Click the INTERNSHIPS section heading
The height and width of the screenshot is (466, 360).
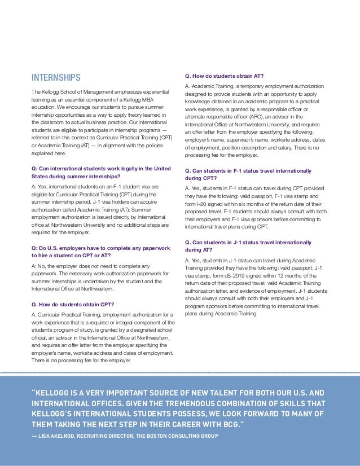pos(56,77)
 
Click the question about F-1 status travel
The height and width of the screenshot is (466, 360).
pos(248,174)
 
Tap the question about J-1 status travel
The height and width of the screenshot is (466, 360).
pos(248,245)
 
